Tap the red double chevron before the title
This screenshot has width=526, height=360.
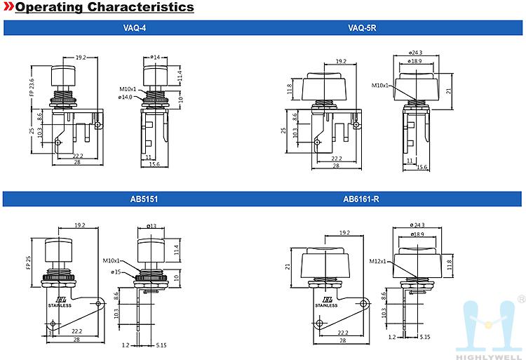[x=9, y=8]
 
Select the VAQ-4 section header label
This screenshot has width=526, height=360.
[x=135, y=28]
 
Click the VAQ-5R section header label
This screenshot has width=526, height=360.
[x=362, y=28]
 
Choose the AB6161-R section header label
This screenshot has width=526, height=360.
[x=361, y=199]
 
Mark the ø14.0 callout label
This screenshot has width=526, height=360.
[x=126, y=98]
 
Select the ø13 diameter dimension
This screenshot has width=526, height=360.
[x=152, y=226]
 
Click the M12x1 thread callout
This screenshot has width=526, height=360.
[x=379, y=261]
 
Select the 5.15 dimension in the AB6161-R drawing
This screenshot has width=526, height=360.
[x=425, y=337]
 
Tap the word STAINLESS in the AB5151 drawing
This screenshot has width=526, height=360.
[x=60, y=306]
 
